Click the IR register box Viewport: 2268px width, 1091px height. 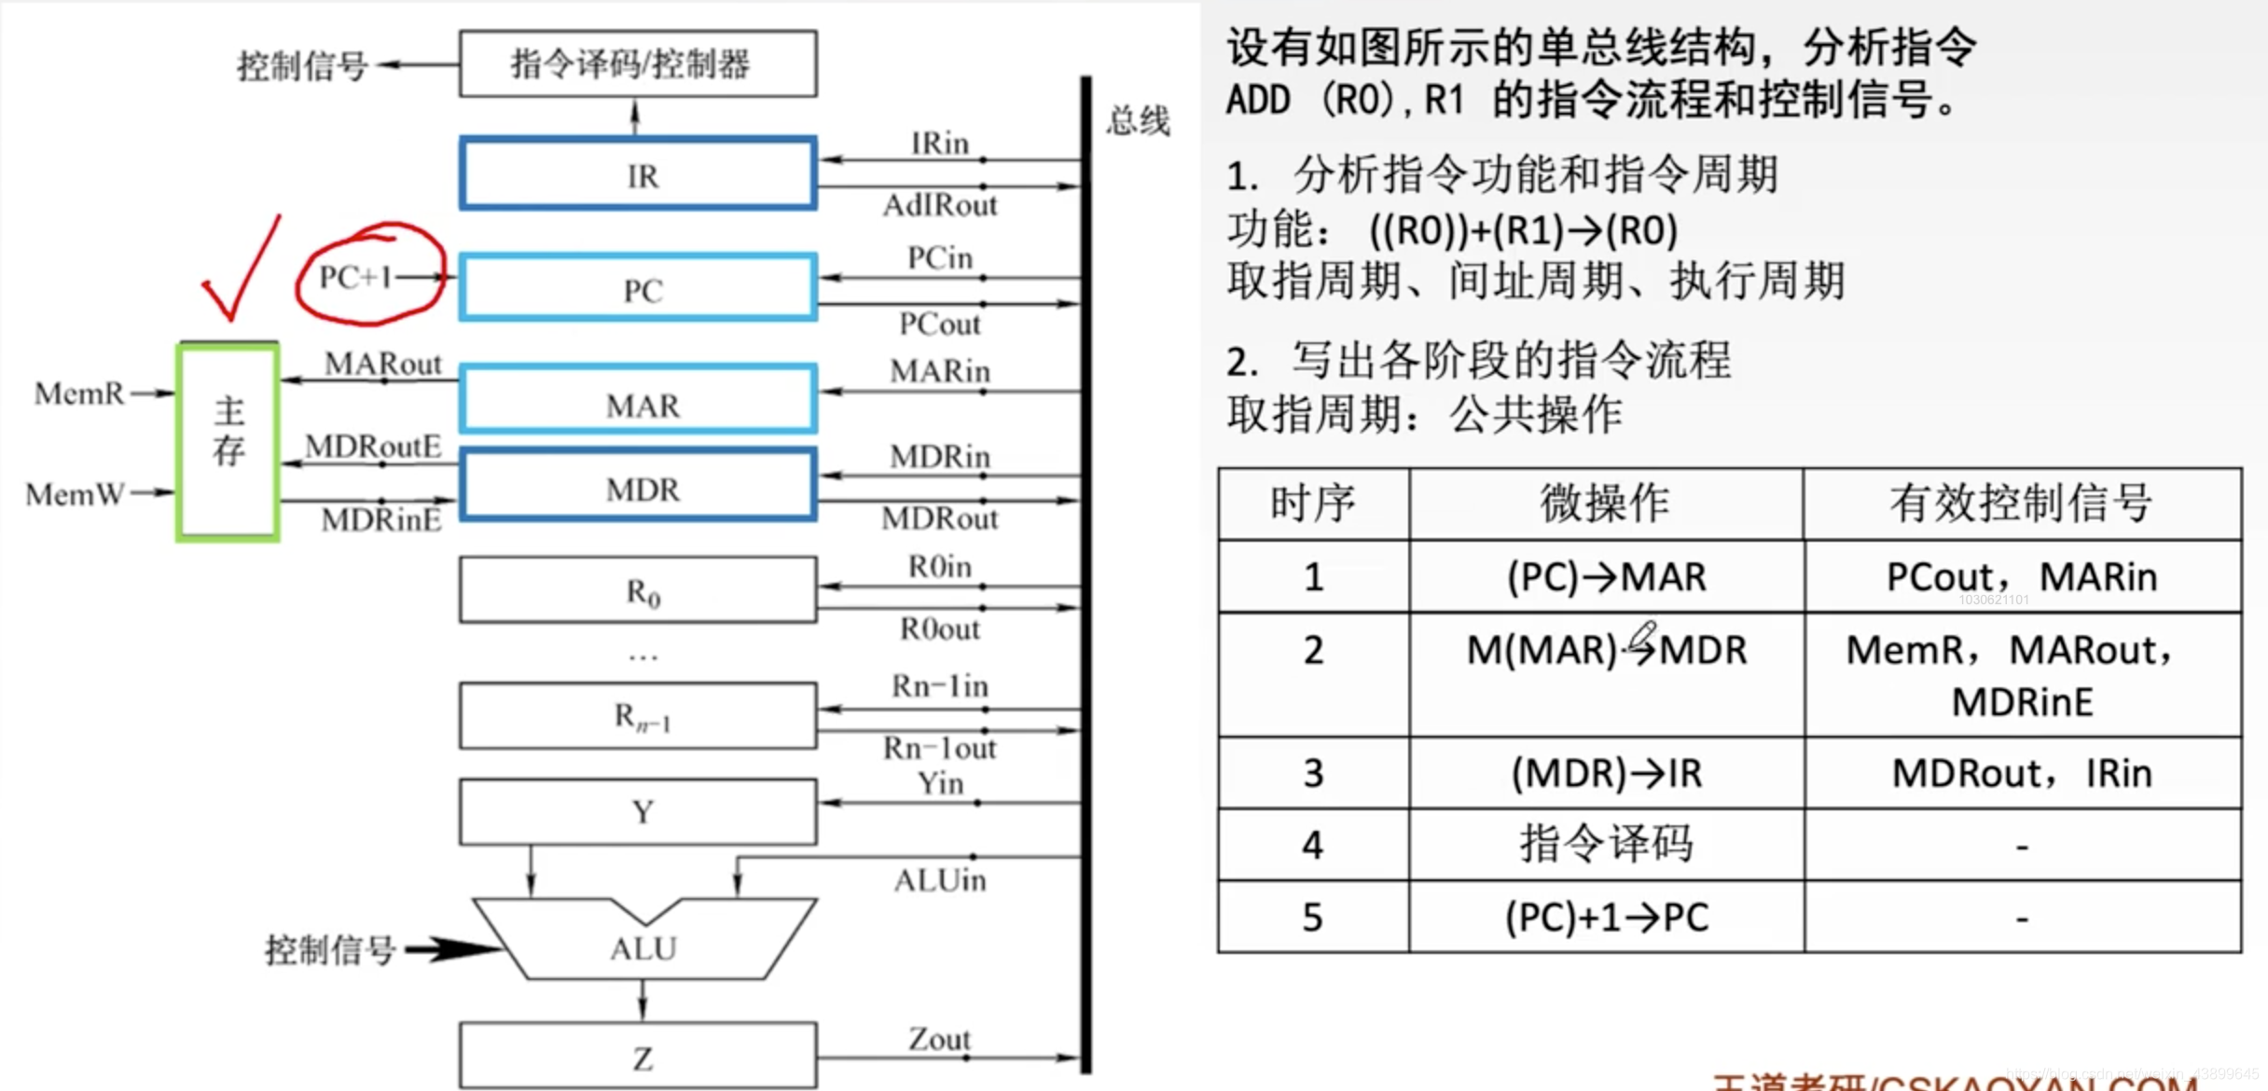click(639, 174)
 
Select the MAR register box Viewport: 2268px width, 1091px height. click(639, 401)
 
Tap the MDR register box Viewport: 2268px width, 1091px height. click(639, 486)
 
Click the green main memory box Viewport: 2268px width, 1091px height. click(228, 441)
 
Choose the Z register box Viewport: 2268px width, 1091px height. click(639, 1056)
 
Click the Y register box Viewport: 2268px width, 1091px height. click(639, 811)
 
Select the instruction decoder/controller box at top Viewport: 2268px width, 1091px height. click(639, 63)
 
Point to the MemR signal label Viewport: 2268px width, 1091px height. click(79, 394)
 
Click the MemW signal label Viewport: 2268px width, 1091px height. click(75, 493)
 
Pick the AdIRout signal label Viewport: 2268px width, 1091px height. click(940, 205)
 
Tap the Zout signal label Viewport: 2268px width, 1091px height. click(939, 1038)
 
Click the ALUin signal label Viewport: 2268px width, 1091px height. click(940, 880)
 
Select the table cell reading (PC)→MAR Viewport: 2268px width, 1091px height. click(1606, 576)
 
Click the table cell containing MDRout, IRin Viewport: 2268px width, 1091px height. click(2022, 773)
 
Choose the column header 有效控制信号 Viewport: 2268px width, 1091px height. click(2022, 504)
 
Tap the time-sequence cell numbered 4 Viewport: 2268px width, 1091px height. click(1313, 845)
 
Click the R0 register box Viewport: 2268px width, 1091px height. click(639, 590)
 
